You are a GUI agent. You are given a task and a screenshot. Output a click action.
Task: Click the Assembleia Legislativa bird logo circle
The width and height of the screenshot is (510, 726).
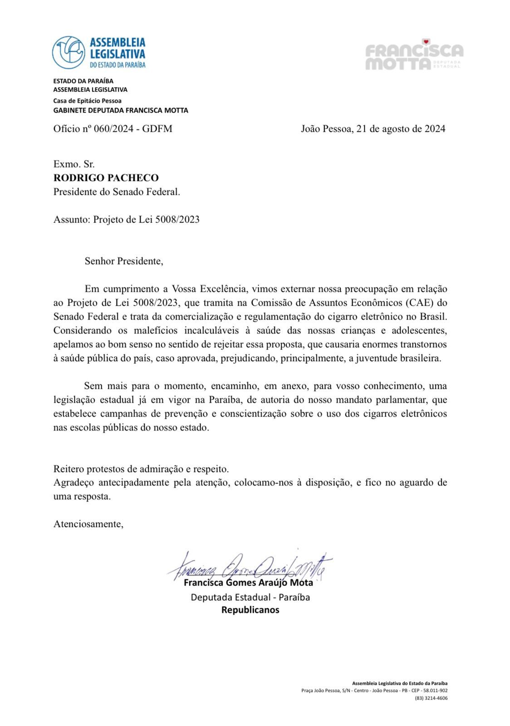(69, 53)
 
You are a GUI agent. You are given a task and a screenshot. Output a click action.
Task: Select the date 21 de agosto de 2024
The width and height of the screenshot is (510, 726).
(401, 129)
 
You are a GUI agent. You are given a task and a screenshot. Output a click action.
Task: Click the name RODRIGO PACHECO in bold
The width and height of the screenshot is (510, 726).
(106, 178)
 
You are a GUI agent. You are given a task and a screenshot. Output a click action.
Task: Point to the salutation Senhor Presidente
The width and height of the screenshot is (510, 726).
(123, 261)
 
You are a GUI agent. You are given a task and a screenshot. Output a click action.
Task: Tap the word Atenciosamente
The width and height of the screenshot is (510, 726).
(88, 524)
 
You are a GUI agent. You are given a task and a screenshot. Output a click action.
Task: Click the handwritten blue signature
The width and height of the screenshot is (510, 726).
(250, 565)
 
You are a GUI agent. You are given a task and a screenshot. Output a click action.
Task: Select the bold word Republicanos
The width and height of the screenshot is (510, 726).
(250, 610)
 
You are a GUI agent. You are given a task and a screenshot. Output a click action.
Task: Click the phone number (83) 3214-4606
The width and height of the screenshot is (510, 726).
(431, 698)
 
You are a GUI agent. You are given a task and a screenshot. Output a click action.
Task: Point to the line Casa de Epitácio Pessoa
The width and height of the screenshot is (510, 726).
(87, 101)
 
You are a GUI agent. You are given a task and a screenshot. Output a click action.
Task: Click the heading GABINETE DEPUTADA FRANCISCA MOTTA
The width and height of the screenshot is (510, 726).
(121, 110)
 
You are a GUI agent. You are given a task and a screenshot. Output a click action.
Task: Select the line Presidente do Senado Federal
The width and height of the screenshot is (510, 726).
(117, 192)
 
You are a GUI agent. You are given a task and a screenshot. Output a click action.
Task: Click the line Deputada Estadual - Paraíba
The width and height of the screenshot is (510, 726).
(250, 597)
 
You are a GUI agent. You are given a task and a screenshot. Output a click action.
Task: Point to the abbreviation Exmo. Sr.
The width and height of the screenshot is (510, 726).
(74, 164)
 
